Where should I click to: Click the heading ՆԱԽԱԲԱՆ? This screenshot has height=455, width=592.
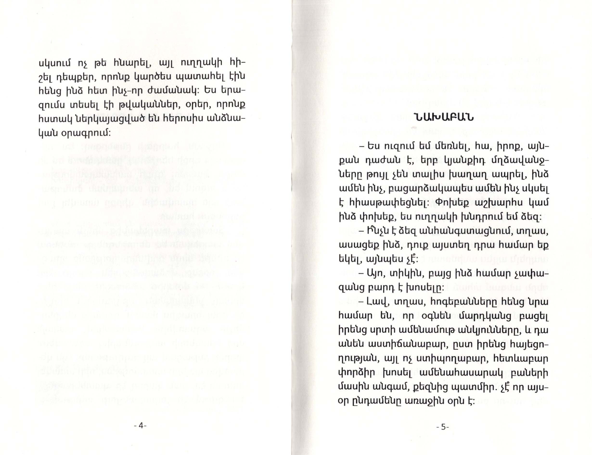pyautogui.click(x=443, y=118)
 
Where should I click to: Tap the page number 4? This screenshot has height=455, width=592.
pyautogui.click(x=140, y=425)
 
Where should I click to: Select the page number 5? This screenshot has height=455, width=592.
pyautogui.click(x=443, y=427)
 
